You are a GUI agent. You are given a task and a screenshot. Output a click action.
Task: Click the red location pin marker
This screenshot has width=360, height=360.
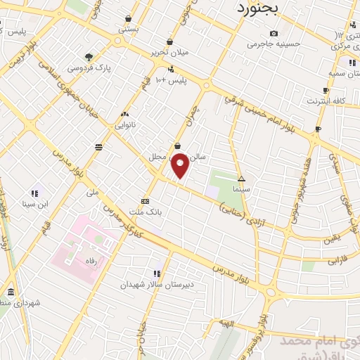coord(180,165)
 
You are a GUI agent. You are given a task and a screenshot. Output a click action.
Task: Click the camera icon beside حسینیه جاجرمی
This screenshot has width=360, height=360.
coord(274,33)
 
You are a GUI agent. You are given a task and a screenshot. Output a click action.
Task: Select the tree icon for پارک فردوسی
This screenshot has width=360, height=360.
coord(89,57)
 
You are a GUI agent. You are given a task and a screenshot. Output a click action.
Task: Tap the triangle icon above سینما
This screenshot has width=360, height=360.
coord(241,179)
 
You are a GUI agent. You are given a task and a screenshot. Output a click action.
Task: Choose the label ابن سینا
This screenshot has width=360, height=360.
coord(34,205)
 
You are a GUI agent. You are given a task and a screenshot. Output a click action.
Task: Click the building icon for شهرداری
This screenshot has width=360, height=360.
coord(10,292)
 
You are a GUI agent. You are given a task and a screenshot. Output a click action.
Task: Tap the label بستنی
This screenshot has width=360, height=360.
coord(128,30)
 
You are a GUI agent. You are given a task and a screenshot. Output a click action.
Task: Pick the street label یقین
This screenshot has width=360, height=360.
coord(330,239)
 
